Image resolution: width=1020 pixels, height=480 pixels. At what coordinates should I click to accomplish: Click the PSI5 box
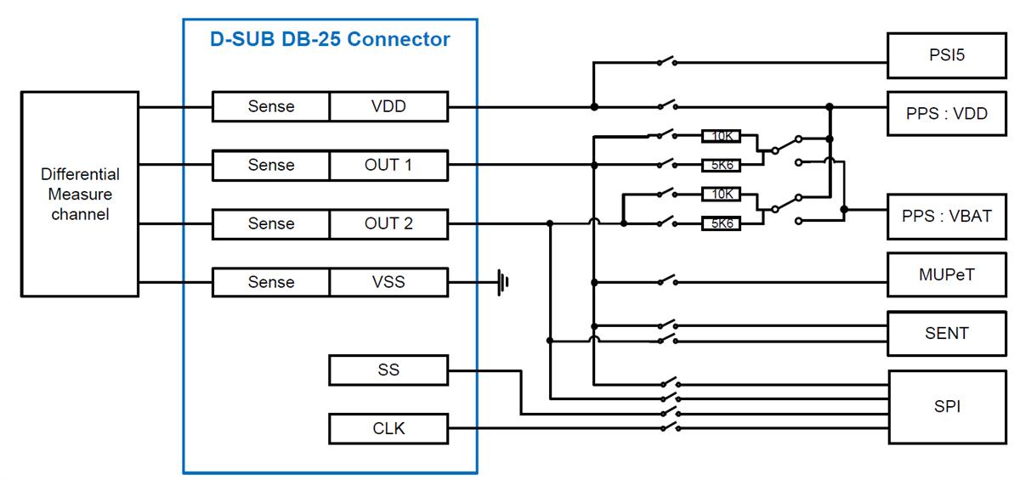(946, 56)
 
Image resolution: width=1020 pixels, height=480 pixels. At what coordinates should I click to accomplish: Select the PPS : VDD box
(946, 113)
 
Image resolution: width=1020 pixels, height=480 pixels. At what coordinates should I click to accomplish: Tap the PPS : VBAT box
(946, 215)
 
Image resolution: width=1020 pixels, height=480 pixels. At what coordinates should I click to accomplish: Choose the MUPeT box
(946, 274)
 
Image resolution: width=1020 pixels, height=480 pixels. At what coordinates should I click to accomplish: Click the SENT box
(946, 333)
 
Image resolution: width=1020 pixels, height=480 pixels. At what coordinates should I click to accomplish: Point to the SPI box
(946, 406)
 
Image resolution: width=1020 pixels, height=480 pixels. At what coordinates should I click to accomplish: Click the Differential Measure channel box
(80, 194)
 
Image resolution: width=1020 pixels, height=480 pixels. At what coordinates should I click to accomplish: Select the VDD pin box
(388, 106)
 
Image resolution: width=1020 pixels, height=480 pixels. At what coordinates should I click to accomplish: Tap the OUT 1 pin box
(388, 165)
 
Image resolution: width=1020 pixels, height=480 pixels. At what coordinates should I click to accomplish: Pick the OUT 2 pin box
(388, 223)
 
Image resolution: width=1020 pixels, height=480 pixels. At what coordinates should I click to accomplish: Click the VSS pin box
(388, 282)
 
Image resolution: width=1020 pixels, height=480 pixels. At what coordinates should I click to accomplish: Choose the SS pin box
(388, 370)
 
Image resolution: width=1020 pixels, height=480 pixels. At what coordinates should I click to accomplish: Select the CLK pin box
(388, 428)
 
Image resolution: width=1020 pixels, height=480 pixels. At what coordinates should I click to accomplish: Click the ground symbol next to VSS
(504, 281)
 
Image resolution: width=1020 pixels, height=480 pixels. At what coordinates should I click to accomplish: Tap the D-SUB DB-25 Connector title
(330, 39)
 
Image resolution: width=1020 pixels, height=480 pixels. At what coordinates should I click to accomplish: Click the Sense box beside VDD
(271, 106)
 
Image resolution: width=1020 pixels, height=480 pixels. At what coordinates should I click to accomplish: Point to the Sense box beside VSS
(271, 282)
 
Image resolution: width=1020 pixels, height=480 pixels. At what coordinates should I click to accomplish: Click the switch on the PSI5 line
(666, 60)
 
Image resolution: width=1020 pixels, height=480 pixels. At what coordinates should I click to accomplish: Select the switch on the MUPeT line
(666, 280)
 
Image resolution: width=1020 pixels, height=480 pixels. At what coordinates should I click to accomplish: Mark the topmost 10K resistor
(720, 135)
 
